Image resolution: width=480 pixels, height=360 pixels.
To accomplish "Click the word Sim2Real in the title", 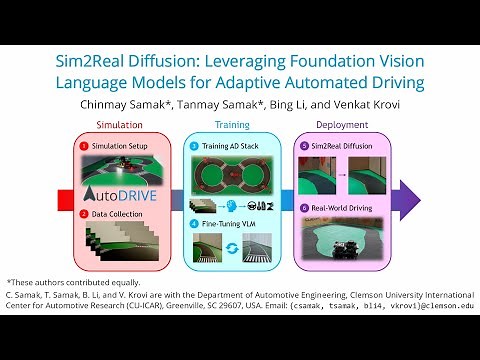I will point(97,61).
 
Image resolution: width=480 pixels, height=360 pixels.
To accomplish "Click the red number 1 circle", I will point(84,145).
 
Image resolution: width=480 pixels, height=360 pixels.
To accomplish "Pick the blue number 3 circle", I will point(194,145).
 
